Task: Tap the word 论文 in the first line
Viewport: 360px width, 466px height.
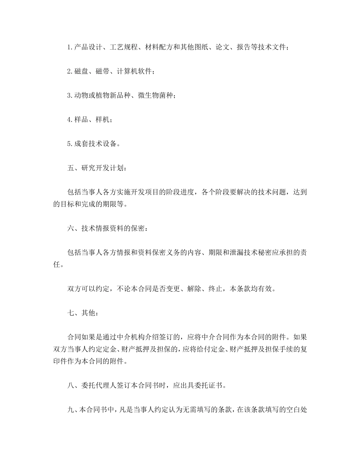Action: click(x=222, y=47)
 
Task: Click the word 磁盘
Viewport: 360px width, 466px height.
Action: click(x=81, y=72)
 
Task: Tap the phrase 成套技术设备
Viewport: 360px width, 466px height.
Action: click(x=95, y=144)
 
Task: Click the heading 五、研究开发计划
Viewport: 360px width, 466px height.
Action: click(x=95, y=168)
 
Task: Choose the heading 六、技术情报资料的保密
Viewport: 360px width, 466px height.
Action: click(x=105, y=228)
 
